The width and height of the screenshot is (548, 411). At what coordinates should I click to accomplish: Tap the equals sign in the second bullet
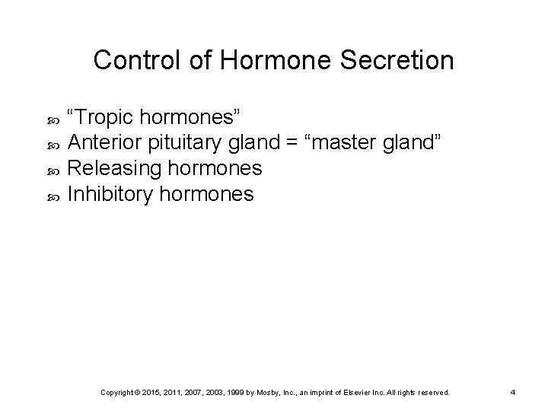coord(289,142)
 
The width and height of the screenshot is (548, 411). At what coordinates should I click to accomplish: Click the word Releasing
coord(110,168)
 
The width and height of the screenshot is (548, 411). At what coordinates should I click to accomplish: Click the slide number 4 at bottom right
coord(513,392)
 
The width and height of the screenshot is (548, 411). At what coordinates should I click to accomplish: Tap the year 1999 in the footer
coord(244,392)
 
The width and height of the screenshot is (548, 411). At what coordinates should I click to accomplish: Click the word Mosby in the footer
coord(279,392)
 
